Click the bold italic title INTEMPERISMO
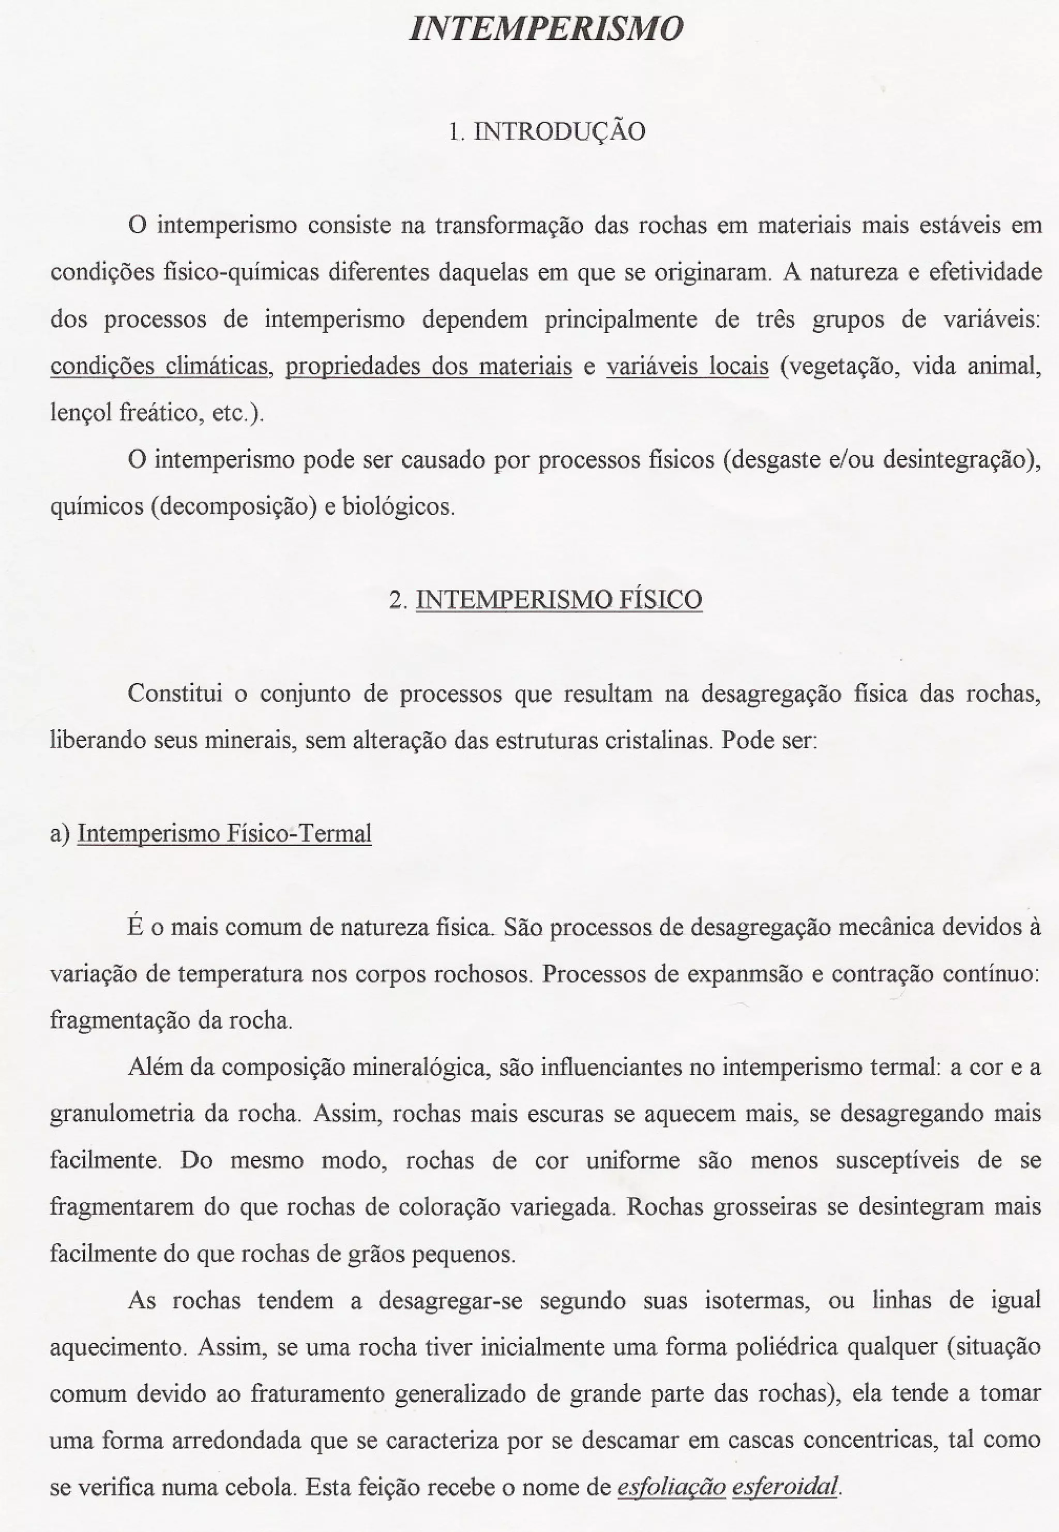pyautogui.click(x=546, y=29)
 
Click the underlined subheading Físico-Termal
pyautogui.click(x=298, y=833)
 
